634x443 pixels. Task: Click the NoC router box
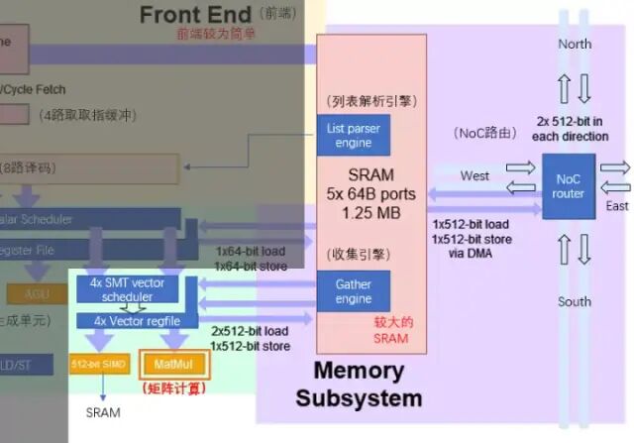click(x=568, y=186)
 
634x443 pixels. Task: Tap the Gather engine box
click(x=353, y=291)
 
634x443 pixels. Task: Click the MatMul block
click(x=172, y=364)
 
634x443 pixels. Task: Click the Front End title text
click(x=196, y=15)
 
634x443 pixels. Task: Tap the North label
click(x=575, y=44)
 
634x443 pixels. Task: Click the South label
click(x=575, y=301)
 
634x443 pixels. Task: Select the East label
click(x=617, y=206)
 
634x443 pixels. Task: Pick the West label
click(x=475, y=176)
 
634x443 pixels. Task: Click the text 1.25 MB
click(x=371, y=212)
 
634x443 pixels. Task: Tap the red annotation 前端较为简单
click(x=216, y=34)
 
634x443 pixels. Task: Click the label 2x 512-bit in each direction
click(x=573, y=128)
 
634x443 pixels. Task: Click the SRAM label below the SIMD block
click(x=103, y=410)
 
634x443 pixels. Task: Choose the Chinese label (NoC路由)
click(x=482, y=133)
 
